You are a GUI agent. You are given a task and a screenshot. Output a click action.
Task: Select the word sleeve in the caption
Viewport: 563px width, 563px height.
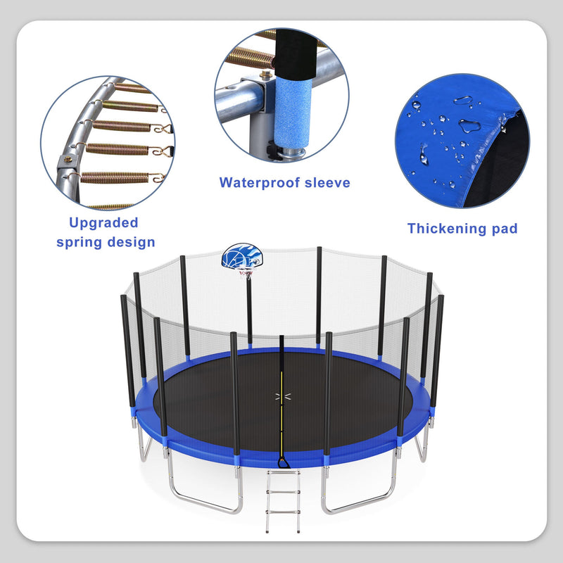[328, 183]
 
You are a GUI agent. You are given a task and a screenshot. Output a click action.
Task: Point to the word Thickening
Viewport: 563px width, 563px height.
[445, 228]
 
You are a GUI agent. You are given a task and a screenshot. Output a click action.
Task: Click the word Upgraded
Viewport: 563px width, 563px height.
[103, 222]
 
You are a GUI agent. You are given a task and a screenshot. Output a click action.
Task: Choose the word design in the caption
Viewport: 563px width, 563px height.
[131, 242]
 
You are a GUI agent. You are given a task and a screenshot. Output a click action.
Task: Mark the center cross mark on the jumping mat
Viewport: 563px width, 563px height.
[282, 397]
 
